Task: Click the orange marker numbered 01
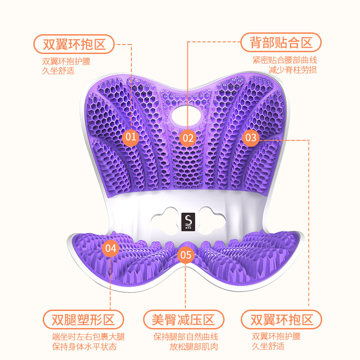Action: coord(130,137)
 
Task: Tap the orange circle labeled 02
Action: coord(188,138)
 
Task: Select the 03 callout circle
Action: coord(251,138)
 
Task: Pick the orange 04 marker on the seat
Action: coord(110,248)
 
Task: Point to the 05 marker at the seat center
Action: coord(185,255)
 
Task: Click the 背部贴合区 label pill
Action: coord(281,42)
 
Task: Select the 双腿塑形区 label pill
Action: coord(83,319)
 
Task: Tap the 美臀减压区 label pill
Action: coord(184,319)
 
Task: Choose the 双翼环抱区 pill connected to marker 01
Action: coord(74,44)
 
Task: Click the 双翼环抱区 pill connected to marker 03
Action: coord(282,319)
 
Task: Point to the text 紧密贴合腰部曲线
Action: coord(285,60)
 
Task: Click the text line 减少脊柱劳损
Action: coord(293,70)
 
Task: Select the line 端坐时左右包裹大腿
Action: coord(88,337)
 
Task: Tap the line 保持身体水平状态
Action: coord(85,346)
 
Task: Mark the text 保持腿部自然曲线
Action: coord(186,337)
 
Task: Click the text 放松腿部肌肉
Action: coord(194,346)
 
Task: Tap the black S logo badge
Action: coord(188,222)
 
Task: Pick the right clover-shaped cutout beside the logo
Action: coord(212,221)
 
